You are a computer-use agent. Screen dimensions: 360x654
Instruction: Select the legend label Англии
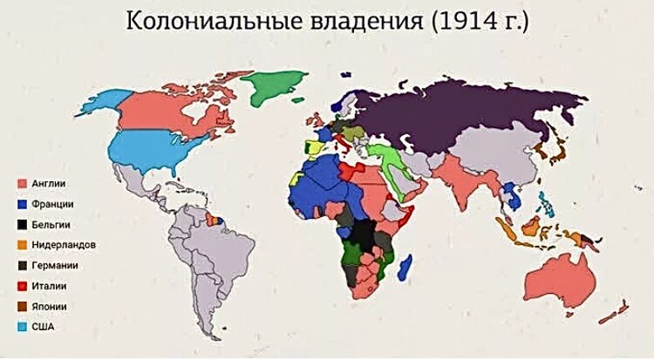pyautogui.click(x=49, y=184)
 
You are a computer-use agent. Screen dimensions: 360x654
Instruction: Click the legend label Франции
pyautogui.click(x=53, y=204)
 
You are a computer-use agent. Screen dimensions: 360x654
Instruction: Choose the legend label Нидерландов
pyautogui.click(x=64, y=245)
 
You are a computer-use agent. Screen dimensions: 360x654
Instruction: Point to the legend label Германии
pyautogui.click(x=56, y=266)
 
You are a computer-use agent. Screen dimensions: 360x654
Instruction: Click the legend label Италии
pyautogui.click(x=51, y=286)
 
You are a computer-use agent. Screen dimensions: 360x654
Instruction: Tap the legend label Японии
pyautogui.click(x=51, y=307)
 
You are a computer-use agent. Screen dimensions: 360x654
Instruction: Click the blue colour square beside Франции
pyautogui.click(x=21, y=204)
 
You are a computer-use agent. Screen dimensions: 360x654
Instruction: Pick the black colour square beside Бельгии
pyautogui.click(x=21, y=224)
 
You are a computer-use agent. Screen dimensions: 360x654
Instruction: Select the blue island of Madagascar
pyautogui.click(x=404, y=266)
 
